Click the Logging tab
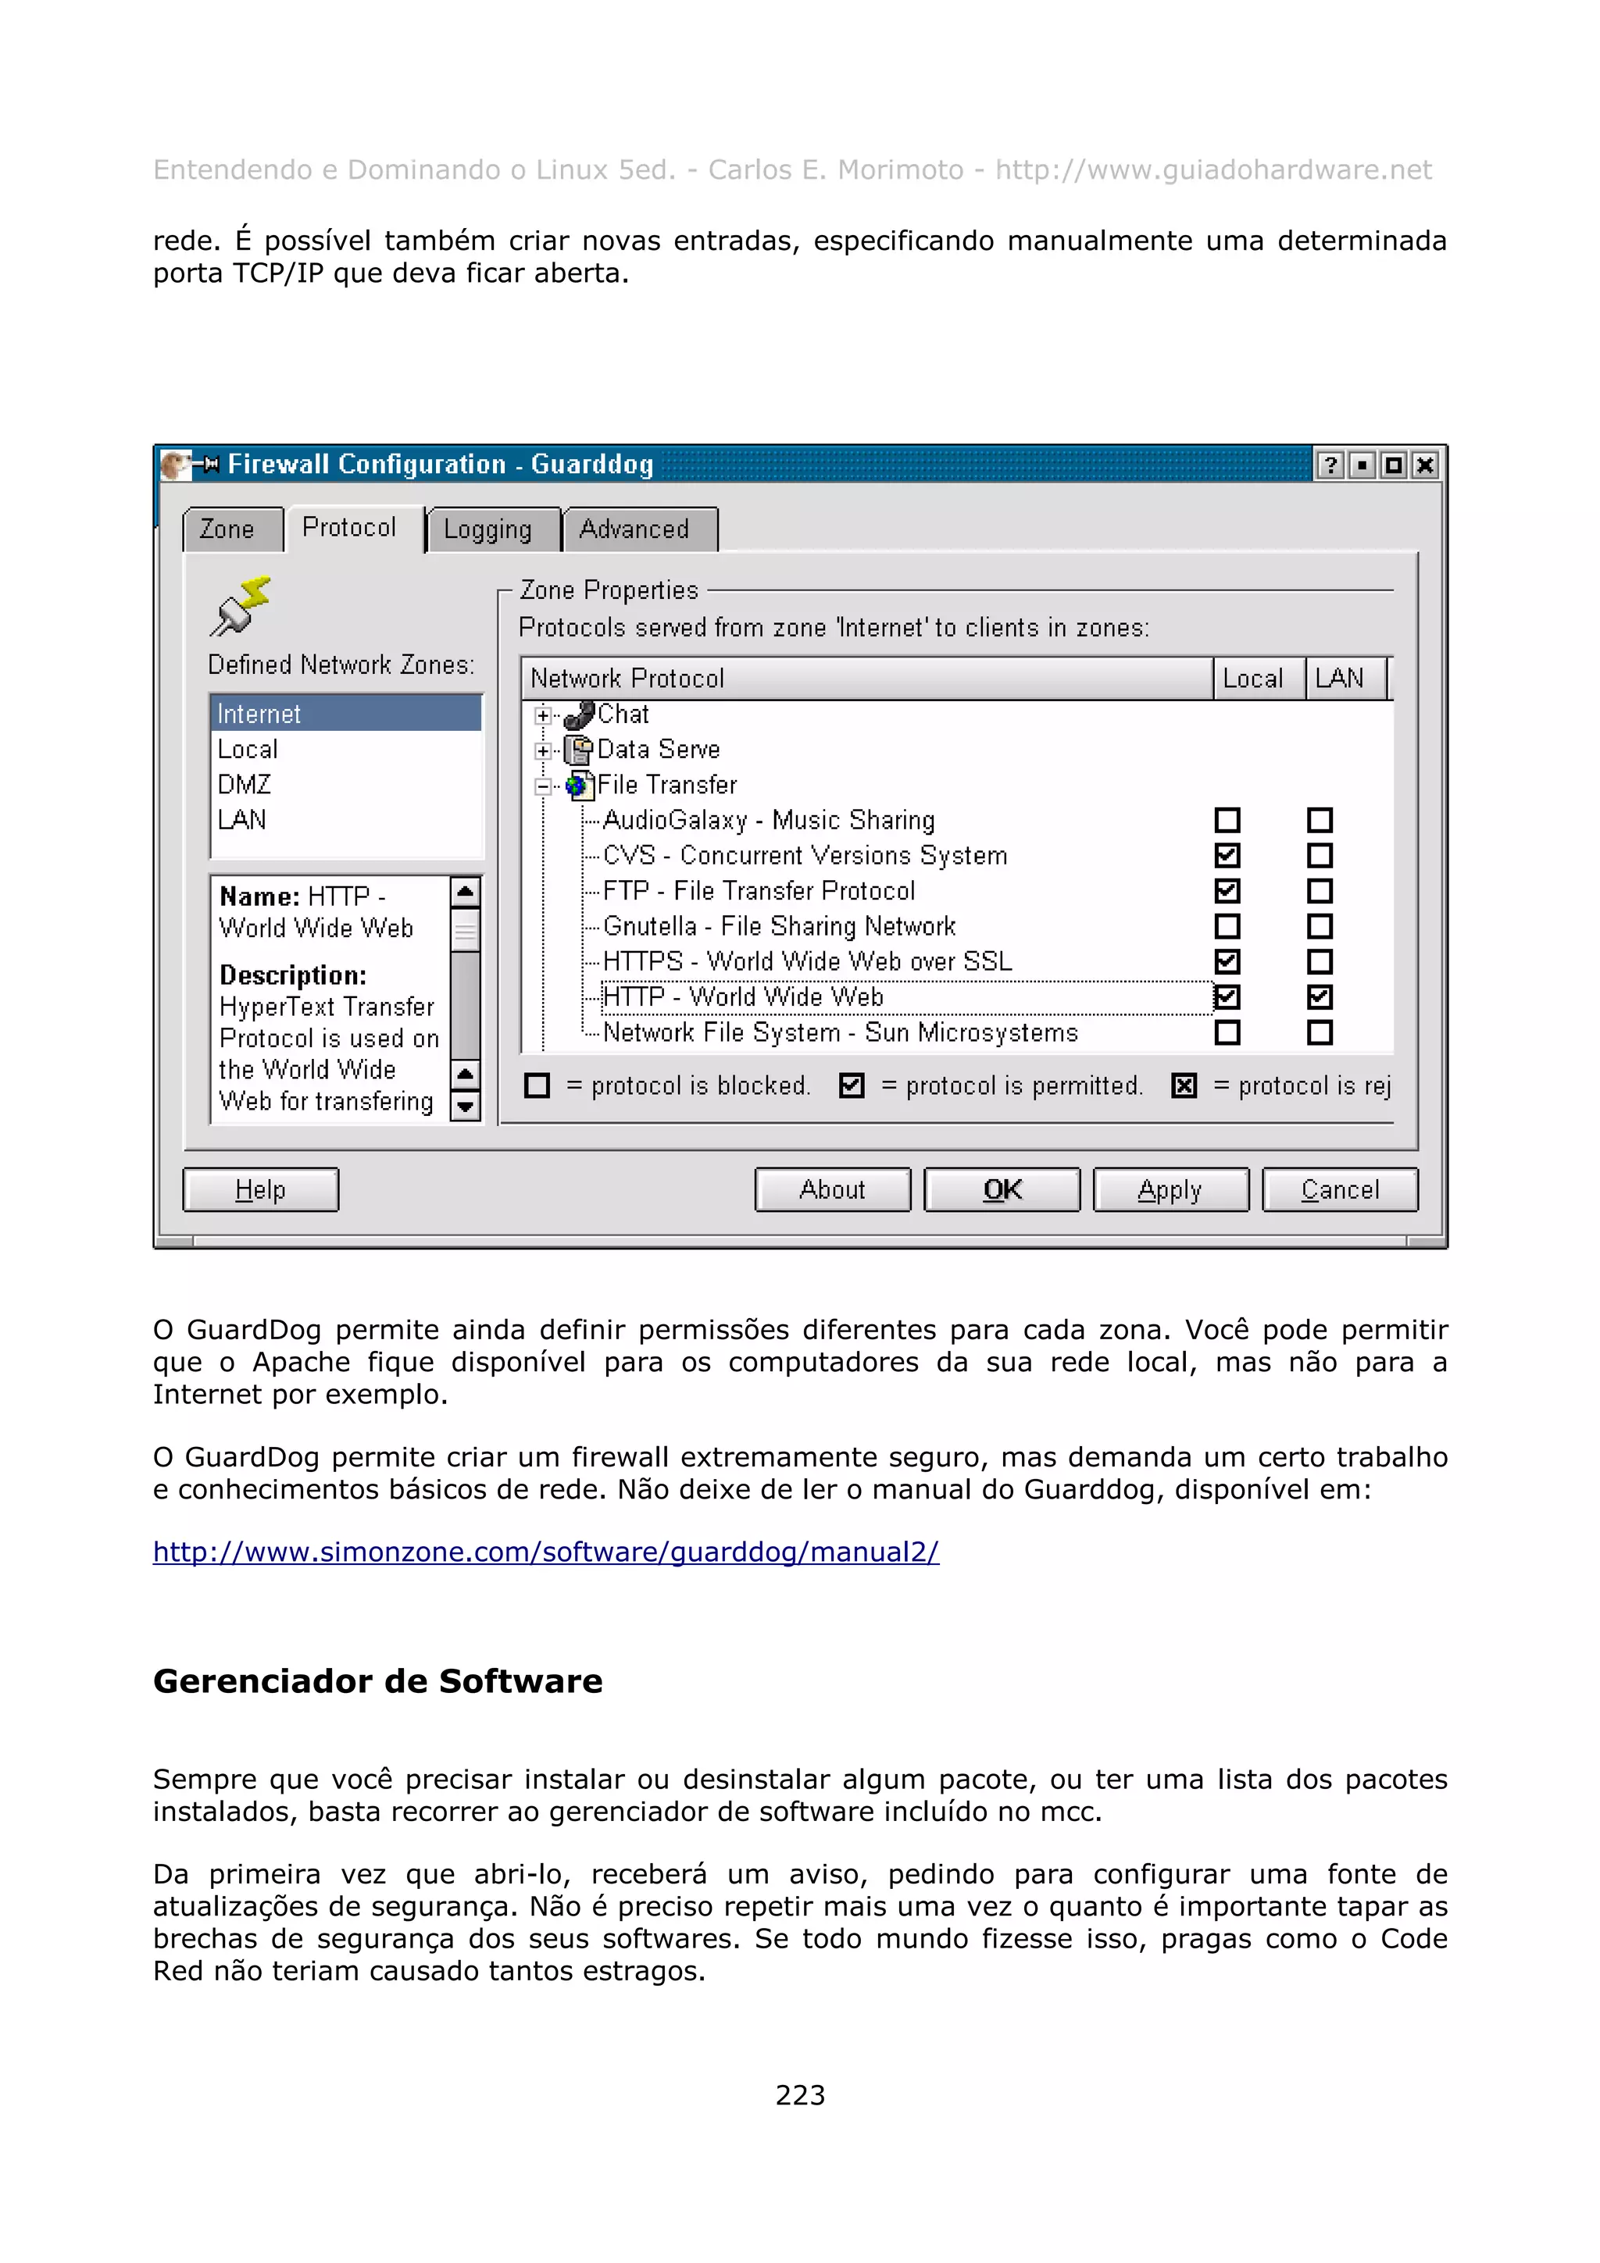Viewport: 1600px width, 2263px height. click(489, 529)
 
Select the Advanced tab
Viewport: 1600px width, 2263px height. click(636, 529)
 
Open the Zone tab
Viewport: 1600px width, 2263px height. click(227, 529)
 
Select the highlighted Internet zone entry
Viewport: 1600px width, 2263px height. click(259, 714)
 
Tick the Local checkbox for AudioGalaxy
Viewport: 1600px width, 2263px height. click(1227, 820)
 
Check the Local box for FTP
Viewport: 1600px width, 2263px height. click(1227, 891)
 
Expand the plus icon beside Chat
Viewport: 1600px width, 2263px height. click(543, 715)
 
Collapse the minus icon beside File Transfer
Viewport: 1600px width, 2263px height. click(543, 786)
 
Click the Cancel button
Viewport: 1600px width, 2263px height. click(1340, 1189)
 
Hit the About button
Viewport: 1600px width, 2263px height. click(832, 1189)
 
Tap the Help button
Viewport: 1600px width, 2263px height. click(260, 1189)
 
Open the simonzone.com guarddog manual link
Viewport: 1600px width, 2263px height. click(545, 1552)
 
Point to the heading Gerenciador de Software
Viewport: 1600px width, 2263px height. click(377, 1681)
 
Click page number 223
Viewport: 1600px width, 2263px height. click(799, 2095)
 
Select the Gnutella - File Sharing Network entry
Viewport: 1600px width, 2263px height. click(779, 926)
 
